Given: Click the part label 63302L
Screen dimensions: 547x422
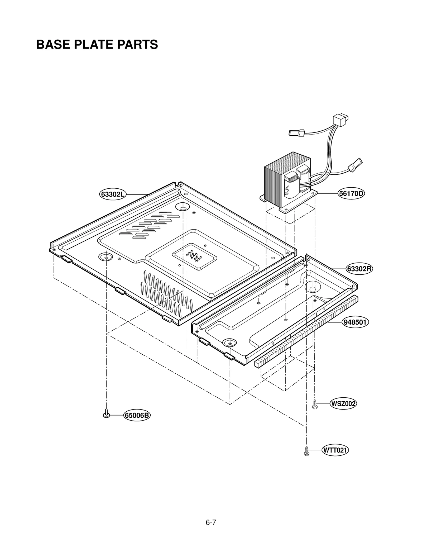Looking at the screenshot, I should click(x=113, y=194).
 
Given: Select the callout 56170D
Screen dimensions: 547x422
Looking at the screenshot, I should click(x=351, y=193).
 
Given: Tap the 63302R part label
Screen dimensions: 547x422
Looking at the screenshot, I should click(x=359, y=269).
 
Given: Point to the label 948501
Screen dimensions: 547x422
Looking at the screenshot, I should click(x=355, y=322).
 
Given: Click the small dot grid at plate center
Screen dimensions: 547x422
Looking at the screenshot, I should click(x=194, y=256).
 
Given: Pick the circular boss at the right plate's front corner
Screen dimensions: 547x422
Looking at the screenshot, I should click(x=230, y=343).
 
